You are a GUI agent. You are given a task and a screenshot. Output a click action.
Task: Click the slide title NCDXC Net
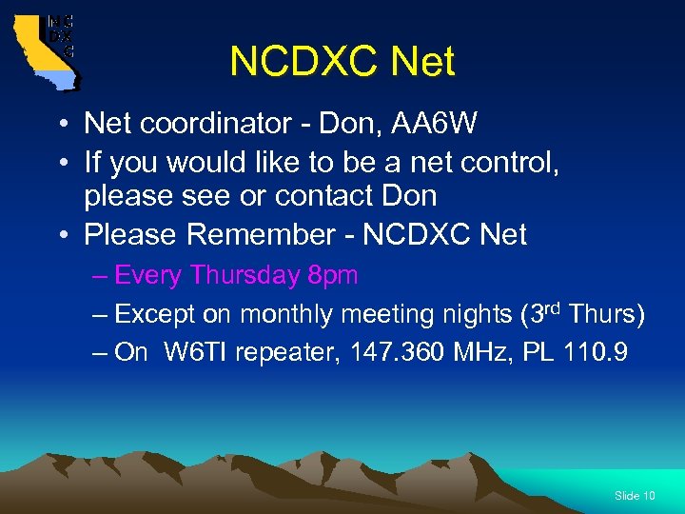point(342,62)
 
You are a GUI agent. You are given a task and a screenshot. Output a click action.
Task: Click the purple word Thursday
point(245,276)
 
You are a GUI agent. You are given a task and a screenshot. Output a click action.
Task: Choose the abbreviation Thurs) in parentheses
point(606,314)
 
